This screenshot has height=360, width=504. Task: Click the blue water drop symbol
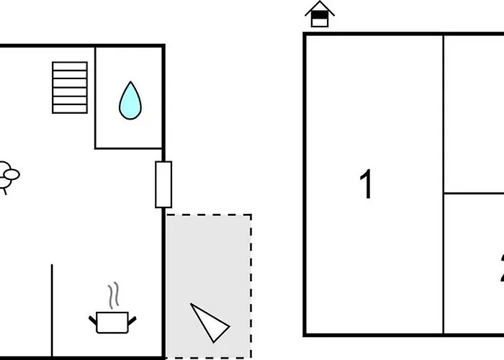130,100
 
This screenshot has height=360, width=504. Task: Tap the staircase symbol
70,87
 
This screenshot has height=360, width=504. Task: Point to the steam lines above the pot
112,296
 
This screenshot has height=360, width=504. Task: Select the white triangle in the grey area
209,323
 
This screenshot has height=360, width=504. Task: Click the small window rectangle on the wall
164,184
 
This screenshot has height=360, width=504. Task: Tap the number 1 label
367,184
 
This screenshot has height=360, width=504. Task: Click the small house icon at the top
320,14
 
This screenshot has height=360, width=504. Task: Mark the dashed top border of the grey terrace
209,215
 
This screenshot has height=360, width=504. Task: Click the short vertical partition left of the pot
52,310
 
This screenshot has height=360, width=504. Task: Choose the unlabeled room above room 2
474,114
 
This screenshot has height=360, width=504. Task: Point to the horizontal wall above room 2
474,193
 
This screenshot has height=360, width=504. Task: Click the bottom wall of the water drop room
130,148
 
